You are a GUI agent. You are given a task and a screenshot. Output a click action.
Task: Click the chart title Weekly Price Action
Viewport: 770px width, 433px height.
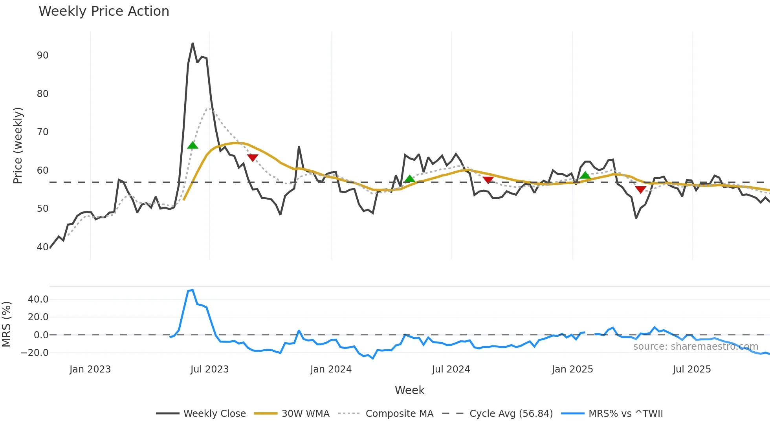click(x=104, y=11)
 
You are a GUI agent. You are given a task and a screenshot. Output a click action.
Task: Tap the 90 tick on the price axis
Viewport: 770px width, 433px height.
click(x=43, y=55)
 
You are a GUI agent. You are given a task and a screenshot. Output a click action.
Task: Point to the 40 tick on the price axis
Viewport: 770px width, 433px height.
click(x=43, y=247)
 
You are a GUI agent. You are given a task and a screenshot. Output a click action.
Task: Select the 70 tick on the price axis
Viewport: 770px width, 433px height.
click(x=43, y=132)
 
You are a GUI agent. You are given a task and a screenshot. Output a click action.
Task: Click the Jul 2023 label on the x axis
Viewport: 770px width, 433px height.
click(x=209, y=369)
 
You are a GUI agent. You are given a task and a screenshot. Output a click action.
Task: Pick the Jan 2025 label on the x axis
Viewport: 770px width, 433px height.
click(x=572, y=369)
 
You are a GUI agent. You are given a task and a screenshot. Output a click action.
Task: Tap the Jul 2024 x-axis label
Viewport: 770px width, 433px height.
click(x=451, y=369)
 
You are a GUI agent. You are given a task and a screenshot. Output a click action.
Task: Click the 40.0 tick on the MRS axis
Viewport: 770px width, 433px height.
click(x=38, y=299)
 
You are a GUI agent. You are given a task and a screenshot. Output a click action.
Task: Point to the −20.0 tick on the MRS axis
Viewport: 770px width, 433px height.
click(x=35, y=353)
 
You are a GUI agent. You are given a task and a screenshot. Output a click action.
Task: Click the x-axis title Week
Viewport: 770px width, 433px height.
click(x=409, y=390)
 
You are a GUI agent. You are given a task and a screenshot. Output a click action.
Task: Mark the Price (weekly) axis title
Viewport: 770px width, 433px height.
click(x=18, y=145)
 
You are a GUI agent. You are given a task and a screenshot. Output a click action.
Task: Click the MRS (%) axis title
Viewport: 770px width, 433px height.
click(x=6, y=324)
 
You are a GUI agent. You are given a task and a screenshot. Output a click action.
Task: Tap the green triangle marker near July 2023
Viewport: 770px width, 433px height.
click(x=192, y=145)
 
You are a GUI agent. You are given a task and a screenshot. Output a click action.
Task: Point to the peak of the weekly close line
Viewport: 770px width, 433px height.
click(x=192, y=44)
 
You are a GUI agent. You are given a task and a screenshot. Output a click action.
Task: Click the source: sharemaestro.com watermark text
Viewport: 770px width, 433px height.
click(x=695, y=347)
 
